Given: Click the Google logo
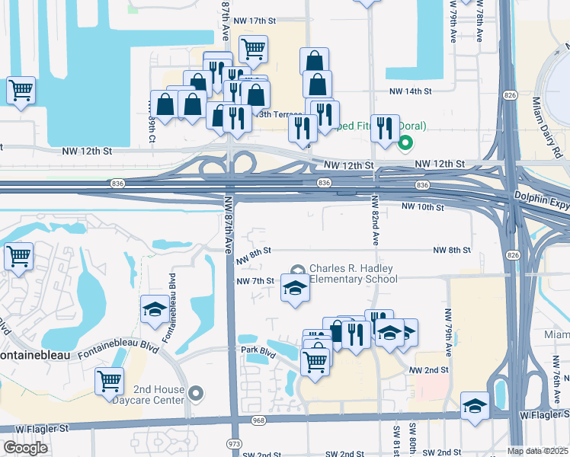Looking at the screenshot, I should click(x=25, y=448).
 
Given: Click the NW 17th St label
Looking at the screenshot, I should click(x=254, y=21).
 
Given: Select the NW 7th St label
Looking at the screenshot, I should click(x=255, y=281).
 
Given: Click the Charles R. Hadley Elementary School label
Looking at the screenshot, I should click(x=353, y=273).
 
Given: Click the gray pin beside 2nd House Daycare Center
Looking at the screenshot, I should click(x=197, y=393).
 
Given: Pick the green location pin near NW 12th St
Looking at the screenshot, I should click(x=406, y=142).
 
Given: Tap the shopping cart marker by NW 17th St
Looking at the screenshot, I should click(x=253, y=50).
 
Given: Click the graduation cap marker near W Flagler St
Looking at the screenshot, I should click(x=475, y=406).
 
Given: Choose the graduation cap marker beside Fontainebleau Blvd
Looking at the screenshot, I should click(x=155, y=310).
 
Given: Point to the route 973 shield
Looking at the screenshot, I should click(x=235, y=443).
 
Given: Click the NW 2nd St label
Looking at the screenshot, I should click(x=427, y=369).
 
